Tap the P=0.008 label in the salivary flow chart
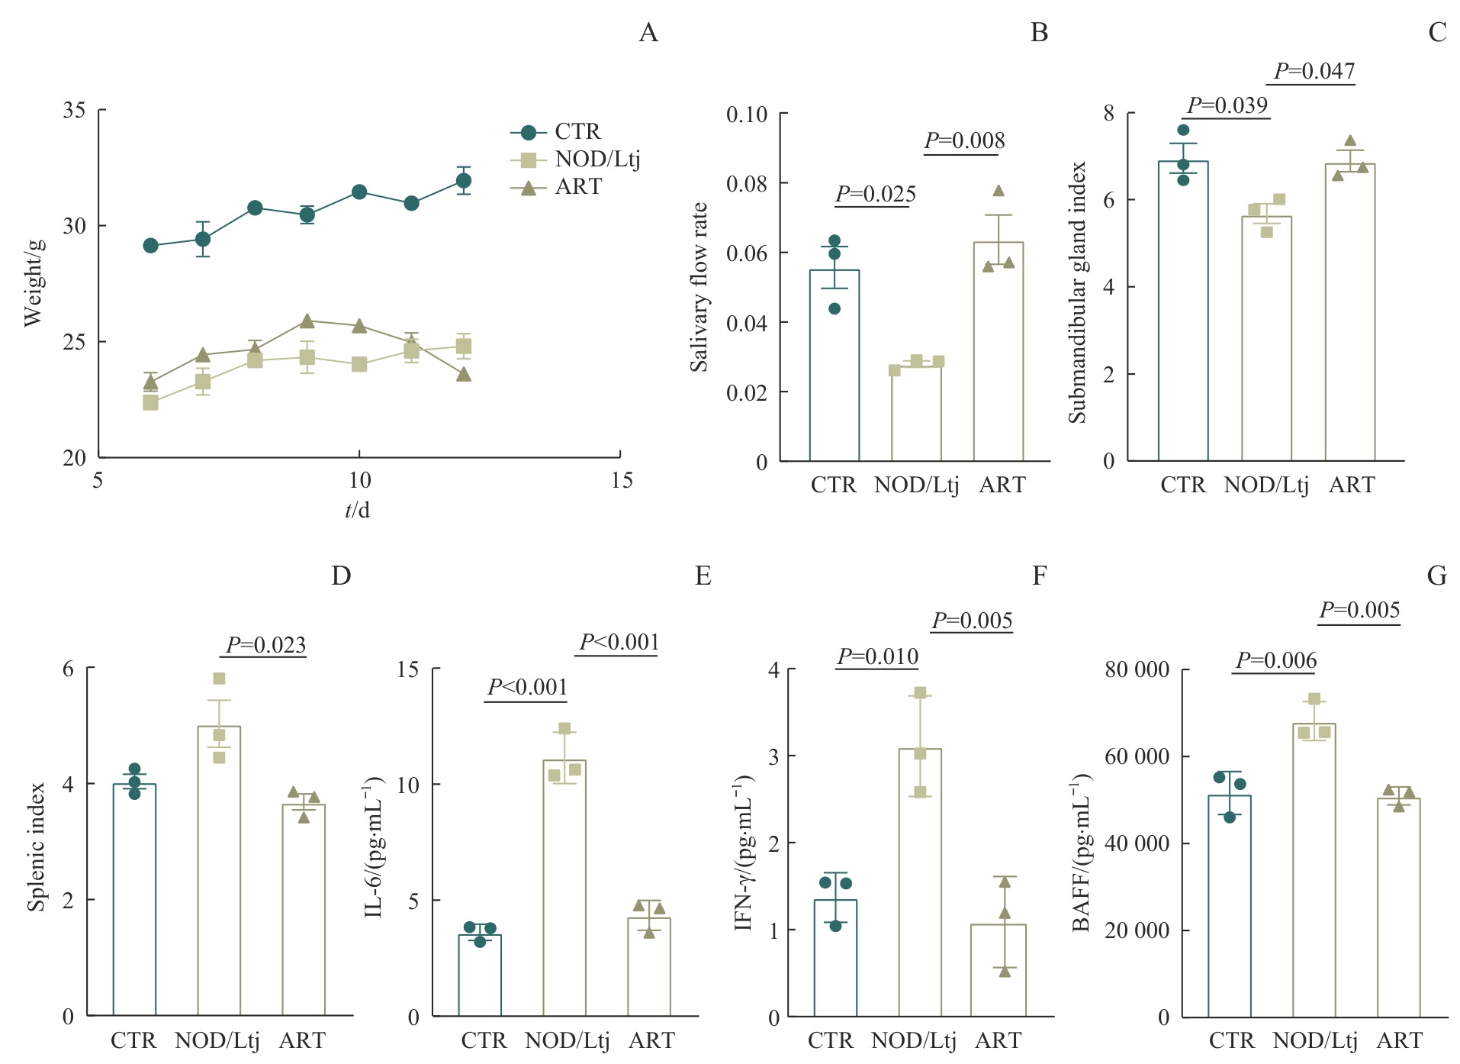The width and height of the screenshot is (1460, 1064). point(964,140)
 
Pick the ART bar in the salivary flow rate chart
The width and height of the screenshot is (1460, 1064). point(999,351)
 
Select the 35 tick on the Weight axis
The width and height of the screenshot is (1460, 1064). point(74,110)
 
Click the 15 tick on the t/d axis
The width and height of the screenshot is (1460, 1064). point(622,480)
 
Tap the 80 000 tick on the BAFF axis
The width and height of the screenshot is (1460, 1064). point(1137,669)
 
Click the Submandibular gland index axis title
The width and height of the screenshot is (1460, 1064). point(1076,292)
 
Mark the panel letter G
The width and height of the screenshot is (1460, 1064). point(1436,576)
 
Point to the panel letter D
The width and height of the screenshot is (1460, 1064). point(341,576)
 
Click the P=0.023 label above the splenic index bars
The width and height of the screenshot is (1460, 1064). point(265,645)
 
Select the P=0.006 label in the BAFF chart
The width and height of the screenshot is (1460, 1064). point(1276,660)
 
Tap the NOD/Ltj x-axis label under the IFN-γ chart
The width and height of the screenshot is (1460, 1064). point(913,1040)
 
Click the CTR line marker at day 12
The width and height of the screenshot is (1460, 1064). point(463,181)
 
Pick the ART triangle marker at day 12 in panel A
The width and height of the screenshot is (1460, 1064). point(463,375)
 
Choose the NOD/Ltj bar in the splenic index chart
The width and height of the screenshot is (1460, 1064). point(219,870)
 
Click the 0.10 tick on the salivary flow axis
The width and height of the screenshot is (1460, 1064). point(746,114)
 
